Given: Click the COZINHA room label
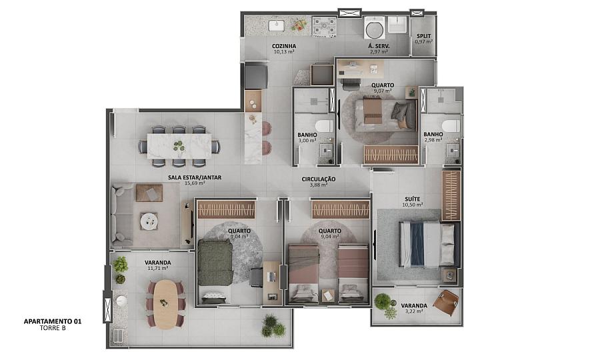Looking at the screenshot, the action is coord(284,46).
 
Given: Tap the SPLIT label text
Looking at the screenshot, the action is coord(423,36).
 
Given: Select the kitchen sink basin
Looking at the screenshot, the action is coord(275,25).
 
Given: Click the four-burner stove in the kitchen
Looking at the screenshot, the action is coord(324,26).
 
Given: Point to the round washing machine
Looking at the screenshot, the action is coord(373,29).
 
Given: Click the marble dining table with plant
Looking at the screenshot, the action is coord(179,146).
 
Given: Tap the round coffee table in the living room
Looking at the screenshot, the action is coord(149,221).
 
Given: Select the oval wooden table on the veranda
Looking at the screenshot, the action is coord(165,304).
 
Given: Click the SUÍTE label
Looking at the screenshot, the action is coord(413,199).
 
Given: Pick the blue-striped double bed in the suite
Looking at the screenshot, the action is coord(427,244).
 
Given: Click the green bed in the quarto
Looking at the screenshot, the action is coord(215,263).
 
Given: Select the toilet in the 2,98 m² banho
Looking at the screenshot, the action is coord(451,125).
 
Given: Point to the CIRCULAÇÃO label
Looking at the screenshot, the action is coord(319,179).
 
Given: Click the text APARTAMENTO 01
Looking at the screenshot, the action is coord(53,321).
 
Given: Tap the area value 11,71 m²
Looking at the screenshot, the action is coord(157,268).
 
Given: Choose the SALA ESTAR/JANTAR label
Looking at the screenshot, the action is coord(195,177).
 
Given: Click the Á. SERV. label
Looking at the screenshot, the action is coord(379,46).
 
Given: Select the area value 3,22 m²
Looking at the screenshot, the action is coord(414,311).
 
